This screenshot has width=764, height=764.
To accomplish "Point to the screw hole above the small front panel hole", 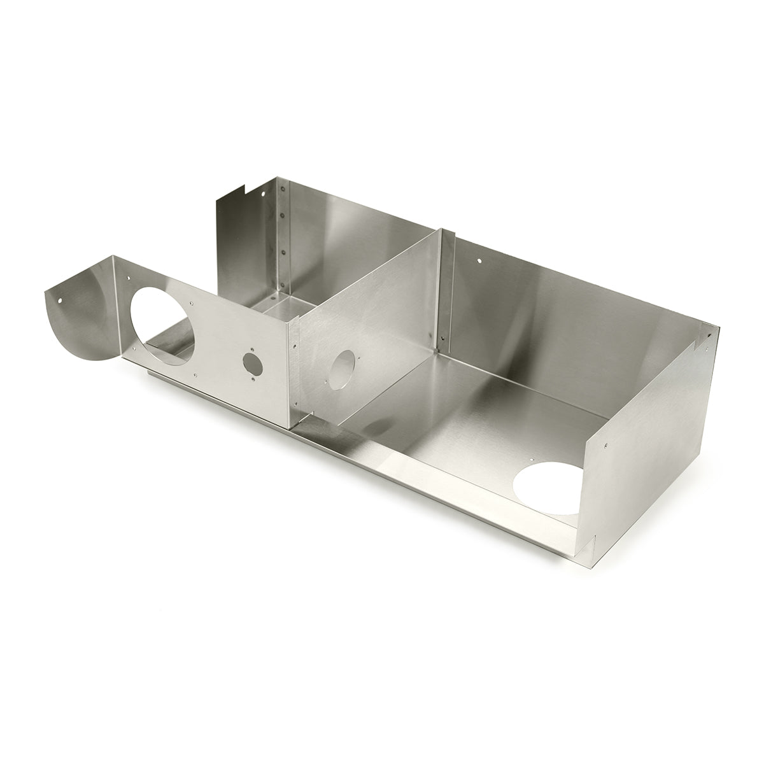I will (251, 348).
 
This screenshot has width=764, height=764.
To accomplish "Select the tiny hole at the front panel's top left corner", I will (128, 278).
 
